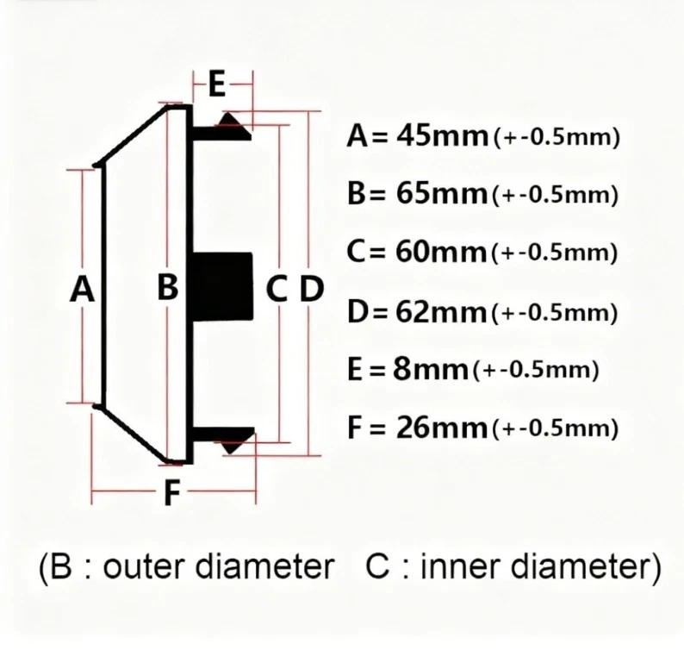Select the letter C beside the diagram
point(275,288)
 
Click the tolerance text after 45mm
point(556,139)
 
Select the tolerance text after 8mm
point(535,372)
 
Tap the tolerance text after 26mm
point(556,429)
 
